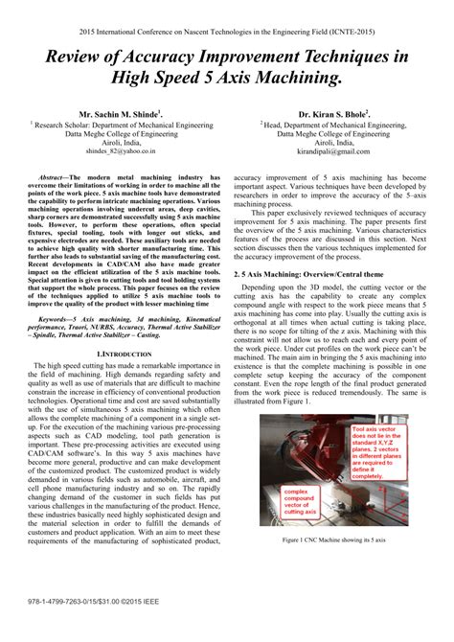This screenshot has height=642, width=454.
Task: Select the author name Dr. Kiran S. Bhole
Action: pos(329,112)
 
